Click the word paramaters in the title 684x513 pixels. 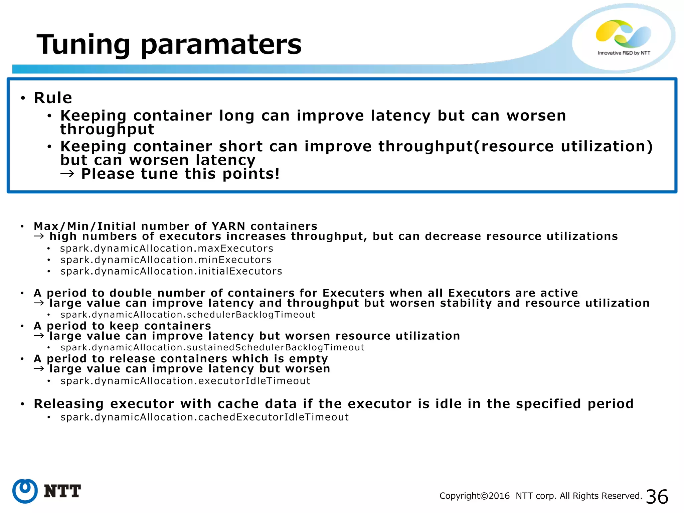click(x=221, y=45)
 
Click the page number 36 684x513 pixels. click(x=657, y=497)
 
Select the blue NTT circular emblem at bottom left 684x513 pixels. click(x=25, y=491)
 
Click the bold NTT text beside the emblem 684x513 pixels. click(x=62, y=491)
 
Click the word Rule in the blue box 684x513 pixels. click(x=53, y=98)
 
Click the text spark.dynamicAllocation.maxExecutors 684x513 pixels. click(x=167, y=248)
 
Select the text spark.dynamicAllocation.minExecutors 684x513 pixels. click(x=166, y=260)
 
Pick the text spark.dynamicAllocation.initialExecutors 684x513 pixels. click(x=171, y=271)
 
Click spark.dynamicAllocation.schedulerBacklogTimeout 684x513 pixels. click(x=188, y=315)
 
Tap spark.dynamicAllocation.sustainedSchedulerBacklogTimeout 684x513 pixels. click(x=212, y=347)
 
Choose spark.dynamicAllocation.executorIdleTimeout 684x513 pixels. click(x=185, y=381)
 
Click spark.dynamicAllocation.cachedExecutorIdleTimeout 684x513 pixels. click(x=204, y=417)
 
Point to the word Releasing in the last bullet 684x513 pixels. click(x=69, y=404)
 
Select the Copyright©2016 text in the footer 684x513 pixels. click(x=475, y=496)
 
